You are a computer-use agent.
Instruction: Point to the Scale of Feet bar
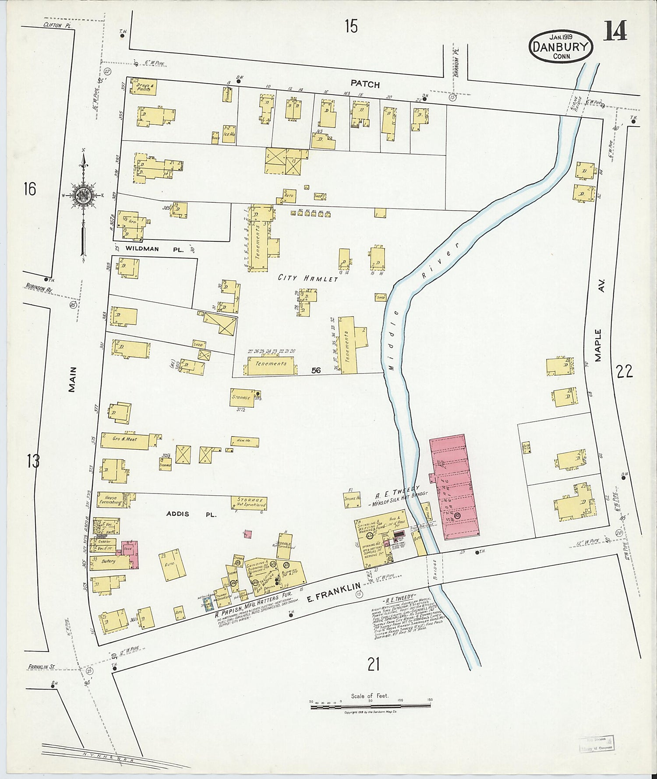pyautogui.click(x=370, y=706)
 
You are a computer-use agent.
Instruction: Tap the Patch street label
pyautogui.click(x=364, y=85)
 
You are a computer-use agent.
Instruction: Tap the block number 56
pyautogui.click(x=316, y=370)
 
